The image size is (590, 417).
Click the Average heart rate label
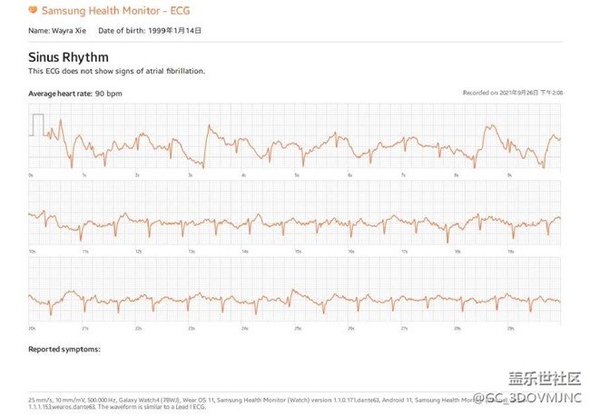pos(60,93)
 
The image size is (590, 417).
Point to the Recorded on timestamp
pos(512,94)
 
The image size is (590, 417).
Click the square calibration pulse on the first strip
pos(38,125)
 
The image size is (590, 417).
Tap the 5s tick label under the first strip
pos(296,174)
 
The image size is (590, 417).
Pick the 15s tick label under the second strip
pos(296,251)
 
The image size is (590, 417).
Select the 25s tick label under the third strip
pos(296,328)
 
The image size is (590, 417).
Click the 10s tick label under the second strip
pos(32,251)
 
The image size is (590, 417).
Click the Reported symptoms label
pos(64,348)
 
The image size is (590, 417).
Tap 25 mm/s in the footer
pos(41,397)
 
